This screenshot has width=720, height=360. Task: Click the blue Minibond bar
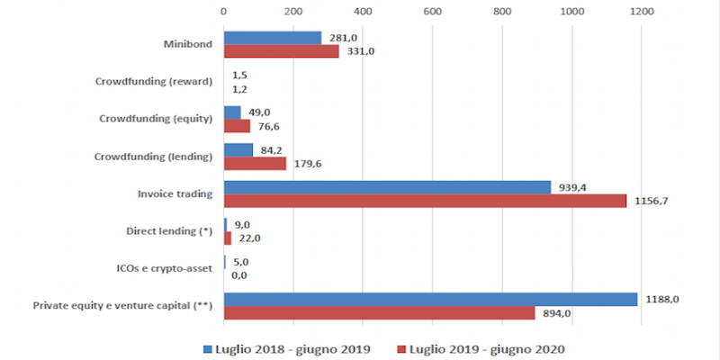coord(272,38)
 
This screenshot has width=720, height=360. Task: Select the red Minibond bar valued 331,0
coord(281,51)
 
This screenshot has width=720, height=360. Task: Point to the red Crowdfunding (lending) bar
coord(255,163)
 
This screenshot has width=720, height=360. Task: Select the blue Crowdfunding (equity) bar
coord(232,112)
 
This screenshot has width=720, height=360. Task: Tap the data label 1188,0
coord(661,299)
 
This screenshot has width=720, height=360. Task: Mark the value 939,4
coord(575,186)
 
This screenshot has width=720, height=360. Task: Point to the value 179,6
coord(310,164)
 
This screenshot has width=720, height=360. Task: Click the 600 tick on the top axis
coord(432,12)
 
